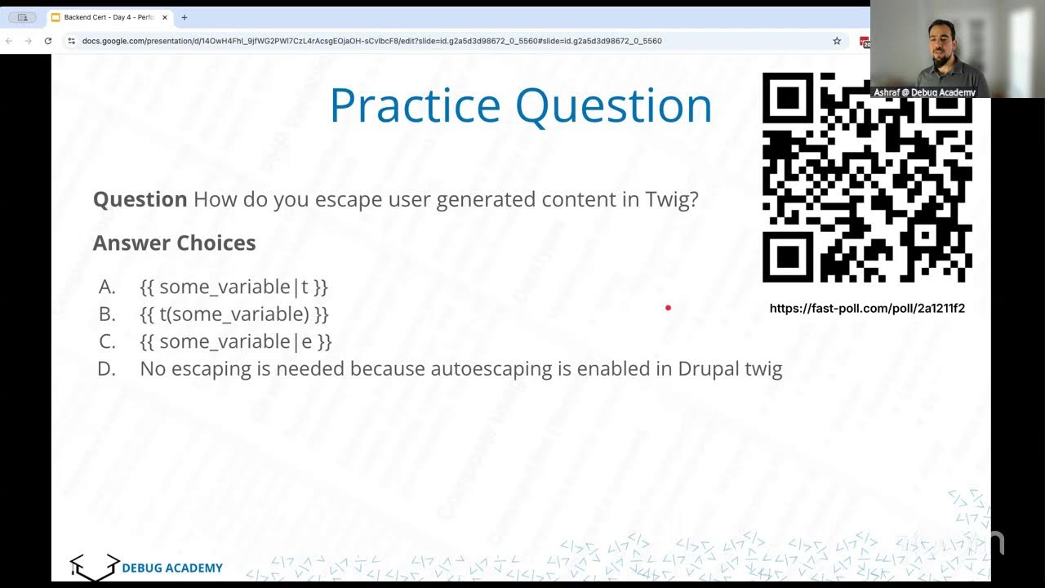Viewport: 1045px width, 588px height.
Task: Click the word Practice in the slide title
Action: tap(415, 106)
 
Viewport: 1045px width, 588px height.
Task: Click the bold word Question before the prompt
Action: tap(140, 200)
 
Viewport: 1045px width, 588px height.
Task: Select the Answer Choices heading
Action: tap(174, 243)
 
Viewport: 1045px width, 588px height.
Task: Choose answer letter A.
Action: tap(107, 287)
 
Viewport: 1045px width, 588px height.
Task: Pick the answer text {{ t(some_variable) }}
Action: tap(233, 314)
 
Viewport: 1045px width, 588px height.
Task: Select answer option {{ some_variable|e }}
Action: tap(235, 341)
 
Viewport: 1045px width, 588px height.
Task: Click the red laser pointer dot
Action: tap(668, 308)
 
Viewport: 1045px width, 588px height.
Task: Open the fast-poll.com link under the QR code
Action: tap(867, 309)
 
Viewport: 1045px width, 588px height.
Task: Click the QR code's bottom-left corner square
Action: tap(787, 257)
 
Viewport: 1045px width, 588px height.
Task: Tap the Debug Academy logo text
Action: tap(171, 568)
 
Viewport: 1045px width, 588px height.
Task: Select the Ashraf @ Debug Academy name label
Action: tap(924, 92)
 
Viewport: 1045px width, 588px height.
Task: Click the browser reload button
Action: tap(48, 41)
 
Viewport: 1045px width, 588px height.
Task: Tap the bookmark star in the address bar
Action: tap(837, 41)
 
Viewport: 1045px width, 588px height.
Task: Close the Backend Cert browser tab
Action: tap(164, 17)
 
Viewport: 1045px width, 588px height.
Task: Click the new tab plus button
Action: tap(184, 17)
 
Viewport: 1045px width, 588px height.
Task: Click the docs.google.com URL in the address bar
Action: tap(371, 41)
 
